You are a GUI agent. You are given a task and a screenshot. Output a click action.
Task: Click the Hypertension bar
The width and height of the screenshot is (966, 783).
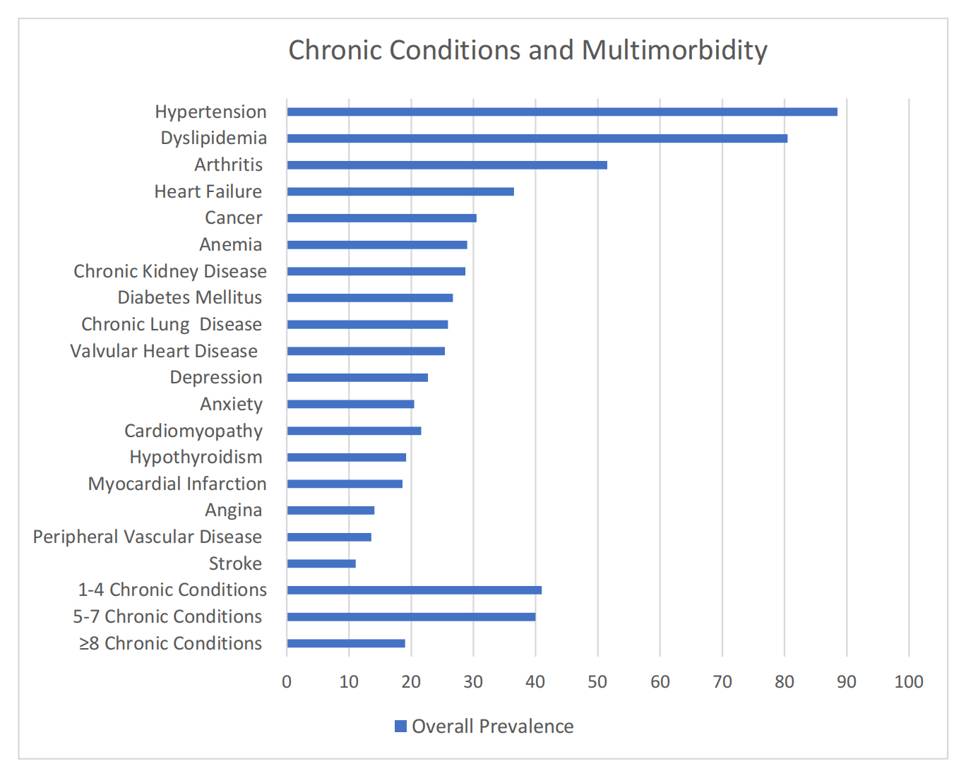click(561, 112)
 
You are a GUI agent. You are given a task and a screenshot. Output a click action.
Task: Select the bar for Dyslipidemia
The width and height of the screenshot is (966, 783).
click(537, 138)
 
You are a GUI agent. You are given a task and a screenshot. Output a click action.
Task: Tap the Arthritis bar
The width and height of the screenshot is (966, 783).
click(446, 165)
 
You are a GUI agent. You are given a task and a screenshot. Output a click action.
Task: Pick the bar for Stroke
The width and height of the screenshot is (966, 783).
click(321, 563)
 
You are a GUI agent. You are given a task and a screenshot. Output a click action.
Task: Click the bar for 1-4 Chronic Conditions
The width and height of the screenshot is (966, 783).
click(414, 590)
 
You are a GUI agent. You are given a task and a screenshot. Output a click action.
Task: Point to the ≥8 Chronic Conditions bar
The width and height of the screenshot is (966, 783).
click(346, 643)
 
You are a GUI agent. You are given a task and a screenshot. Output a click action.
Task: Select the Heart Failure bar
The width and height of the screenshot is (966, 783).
click(400, 191)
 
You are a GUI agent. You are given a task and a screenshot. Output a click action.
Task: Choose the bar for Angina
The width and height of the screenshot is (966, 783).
click(330, 510)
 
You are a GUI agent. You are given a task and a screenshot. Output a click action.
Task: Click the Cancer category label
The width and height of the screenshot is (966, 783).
click(233, 218)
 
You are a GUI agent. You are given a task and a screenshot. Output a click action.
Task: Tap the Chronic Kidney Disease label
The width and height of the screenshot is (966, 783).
click(170, 271)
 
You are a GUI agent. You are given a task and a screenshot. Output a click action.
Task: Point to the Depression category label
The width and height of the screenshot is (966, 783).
click(215, 378)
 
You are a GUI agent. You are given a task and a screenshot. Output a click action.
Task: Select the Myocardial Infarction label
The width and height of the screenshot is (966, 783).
click(177, 484)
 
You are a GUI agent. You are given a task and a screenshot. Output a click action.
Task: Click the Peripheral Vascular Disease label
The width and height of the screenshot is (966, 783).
click(148, 537)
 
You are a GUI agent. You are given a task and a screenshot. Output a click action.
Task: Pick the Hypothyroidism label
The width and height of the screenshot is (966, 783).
click(196, 458)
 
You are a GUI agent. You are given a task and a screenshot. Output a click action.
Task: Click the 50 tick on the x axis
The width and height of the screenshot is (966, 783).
click(597, 681)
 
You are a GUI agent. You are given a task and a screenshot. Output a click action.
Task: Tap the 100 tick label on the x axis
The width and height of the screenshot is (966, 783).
click(908, 681)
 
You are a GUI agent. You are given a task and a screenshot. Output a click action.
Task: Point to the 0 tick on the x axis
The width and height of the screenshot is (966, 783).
click(287, 681)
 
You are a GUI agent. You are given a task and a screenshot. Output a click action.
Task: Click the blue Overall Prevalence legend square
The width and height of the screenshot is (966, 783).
click(400, 727)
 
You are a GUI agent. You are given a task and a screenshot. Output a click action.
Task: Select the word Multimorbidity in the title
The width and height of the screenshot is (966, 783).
click(674, 51)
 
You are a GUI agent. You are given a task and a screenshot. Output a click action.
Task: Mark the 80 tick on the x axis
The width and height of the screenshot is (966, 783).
click(784, 681)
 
